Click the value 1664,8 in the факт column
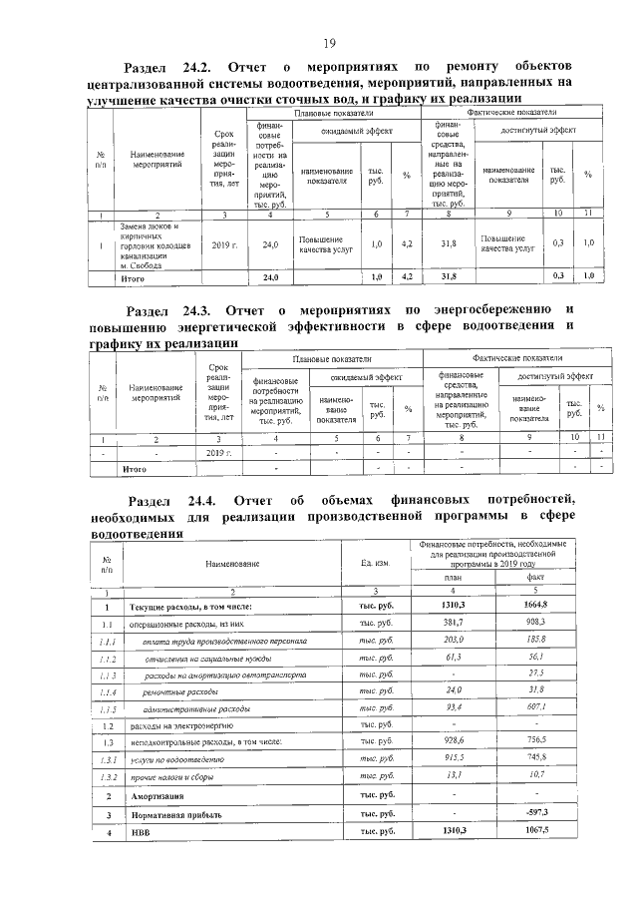(x=535, y=606)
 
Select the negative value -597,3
(x=535, y=814)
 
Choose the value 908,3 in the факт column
(x=535, y=623)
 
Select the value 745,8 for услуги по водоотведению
(x=535, y=759)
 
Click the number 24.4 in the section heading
(x=198, y=499)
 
